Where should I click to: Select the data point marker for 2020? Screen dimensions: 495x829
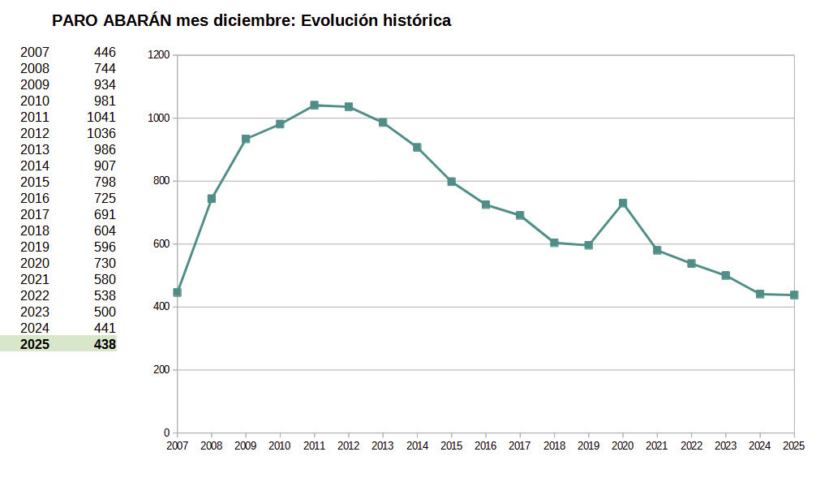(623, 203)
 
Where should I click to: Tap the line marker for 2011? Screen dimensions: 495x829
(314, 105)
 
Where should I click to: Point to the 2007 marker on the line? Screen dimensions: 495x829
(177, 292)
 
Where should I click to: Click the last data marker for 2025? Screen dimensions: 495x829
(794, 295)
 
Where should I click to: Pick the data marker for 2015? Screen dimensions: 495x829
(451, 182)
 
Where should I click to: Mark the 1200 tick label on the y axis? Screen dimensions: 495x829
(159, 55)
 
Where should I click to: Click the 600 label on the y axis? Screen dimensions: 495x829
(161, 244)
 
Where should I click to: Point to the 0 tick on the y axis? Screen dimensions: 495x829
(166, 433)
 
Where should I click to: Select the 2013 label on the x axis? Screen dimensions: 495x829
(383, 445)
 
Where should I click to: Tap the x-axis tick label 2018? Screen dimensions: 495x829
(554, 445)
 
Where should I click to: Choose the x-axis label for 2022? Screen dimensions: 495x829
(691, 445)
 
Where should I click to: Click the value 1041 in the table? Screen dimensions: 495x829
(101, 117)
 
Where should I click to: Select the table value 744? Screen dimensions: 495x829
(105, 68)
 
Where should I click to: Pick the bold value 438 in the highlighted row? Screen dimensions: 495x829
(105, 344)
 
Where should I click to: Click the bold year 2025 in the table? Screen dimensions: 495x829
(35, 344)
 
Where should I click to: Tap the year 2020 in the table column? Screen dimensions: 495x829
(35, 263)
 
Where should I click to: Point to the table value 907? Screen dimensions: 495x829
(105, 166)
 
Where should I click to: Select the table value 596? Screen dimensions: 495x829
(105, 247)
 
